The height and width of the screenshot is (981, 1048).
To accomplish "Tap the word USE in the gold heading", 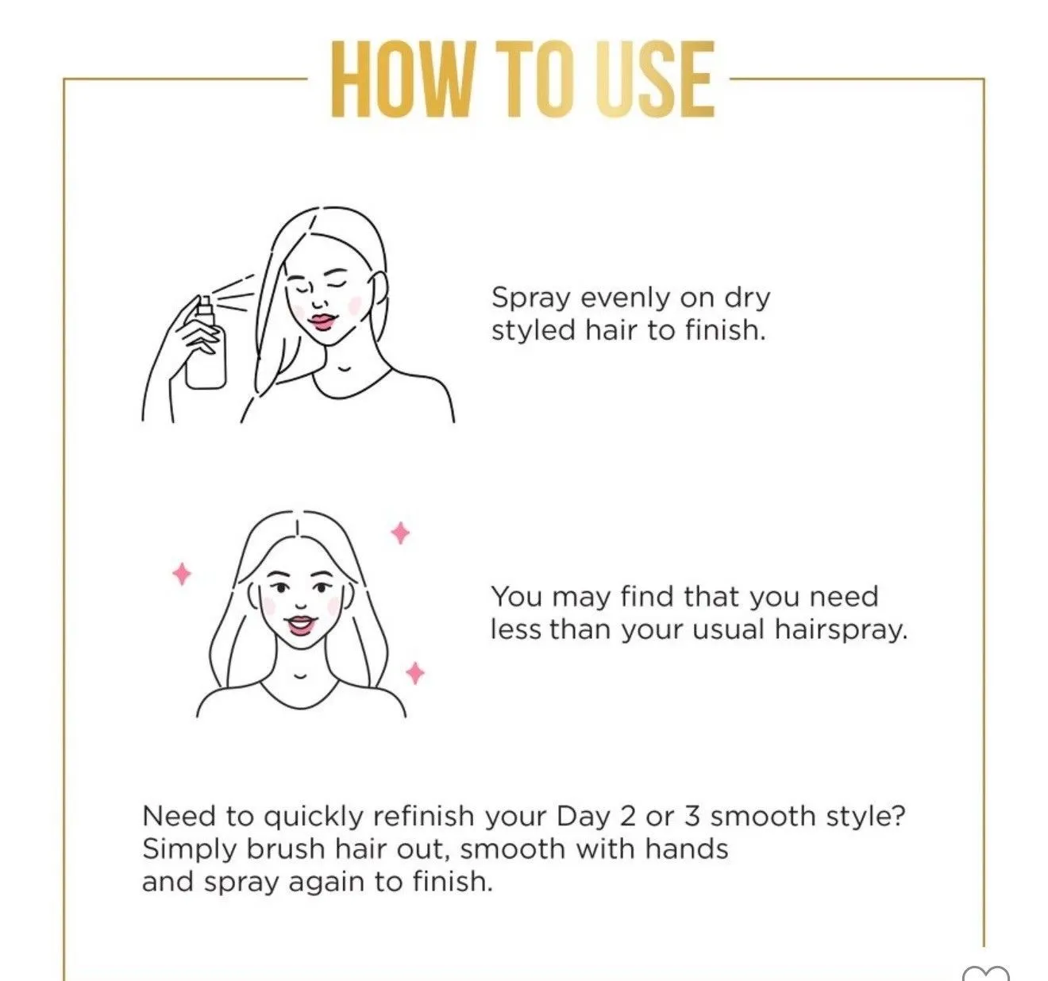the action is tap(655, 79).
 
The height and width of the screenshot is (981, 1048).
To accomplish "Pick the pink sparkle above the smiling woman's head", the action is tap(400, 533).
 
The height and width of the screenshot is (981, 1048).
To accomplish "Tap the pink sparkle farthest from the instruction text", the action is tap(182, 574).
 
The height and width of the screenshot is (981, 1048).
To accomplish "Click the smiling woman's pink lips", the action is tap(300, 625).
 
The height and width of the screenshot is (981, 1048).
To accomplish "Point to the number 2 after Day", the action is tap(628, 817).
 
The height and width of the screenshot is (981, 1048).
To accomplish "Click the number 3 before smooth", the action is tap(692, 817).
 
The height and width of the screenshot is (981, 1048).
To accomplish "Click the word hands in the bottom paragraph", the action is tap(687, 849).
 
